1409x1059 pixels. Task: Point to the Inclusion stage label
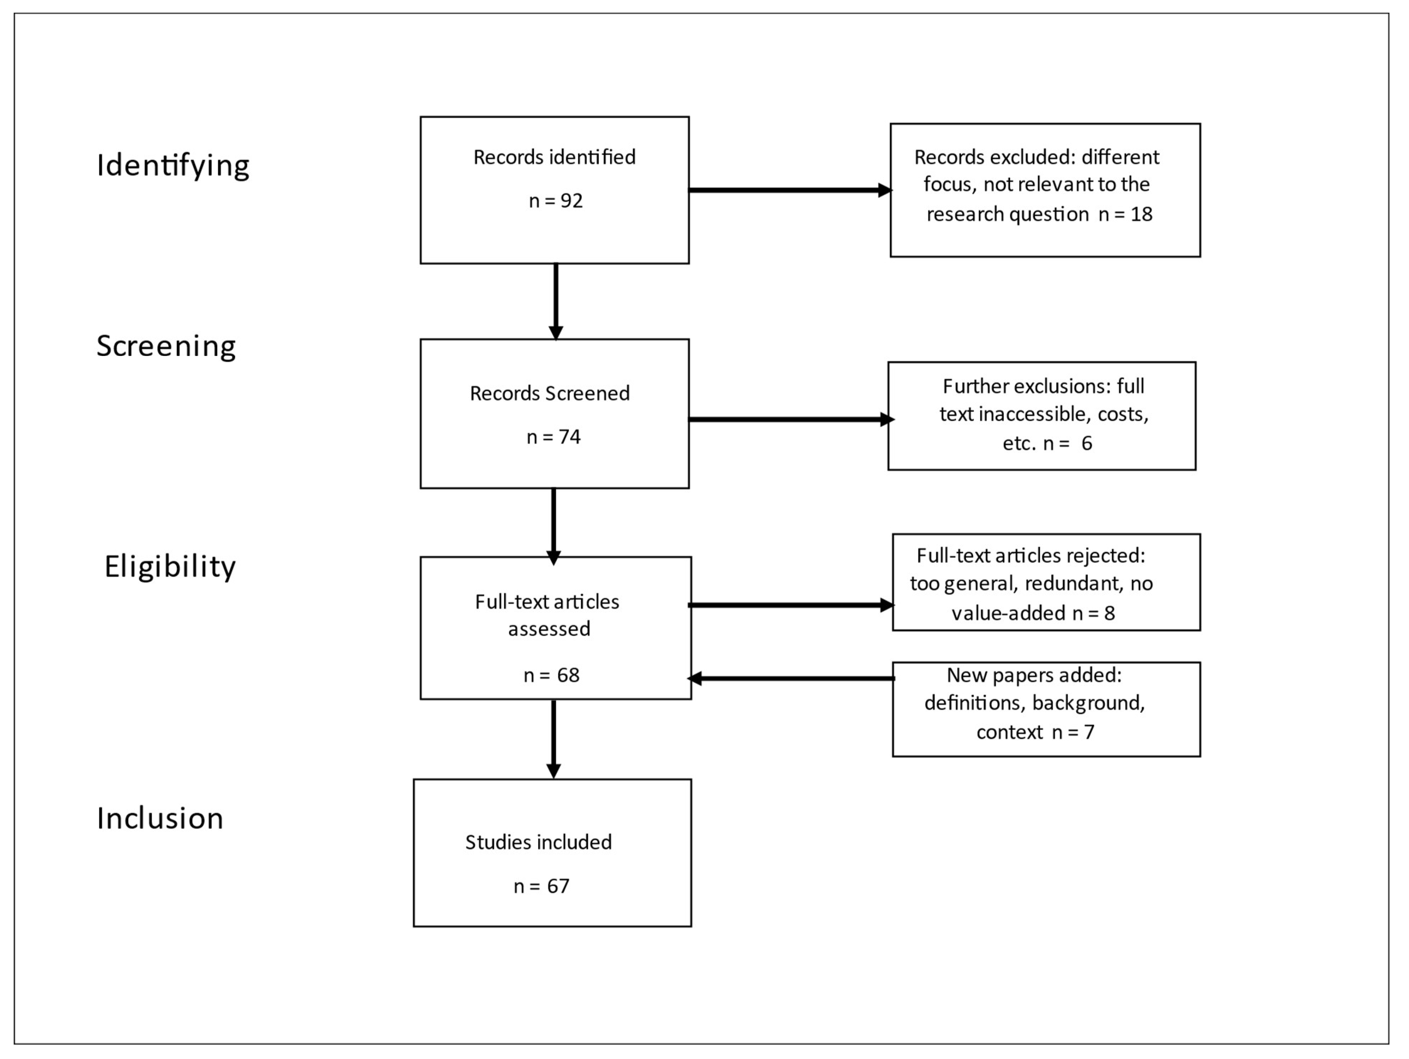(x=160, y=818)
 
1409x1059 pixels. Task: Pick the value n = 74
(x=554, y=437)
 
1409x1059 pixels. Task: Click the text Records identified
(x=554, y=157)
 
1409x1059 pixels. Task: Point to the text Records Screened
(x=550, y=393)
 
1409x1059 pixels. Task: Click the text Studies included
(x=538, y=843)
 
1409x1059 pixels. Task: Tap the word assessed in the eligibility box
(x=549, y=629)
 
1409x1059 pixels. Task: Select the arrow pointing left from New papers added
(x=790, y=679)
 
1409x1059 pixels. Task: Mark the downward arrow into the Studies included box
(x=554, y=739)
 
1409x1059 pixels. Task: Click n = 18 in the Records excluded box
(x=1126, y=214)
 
